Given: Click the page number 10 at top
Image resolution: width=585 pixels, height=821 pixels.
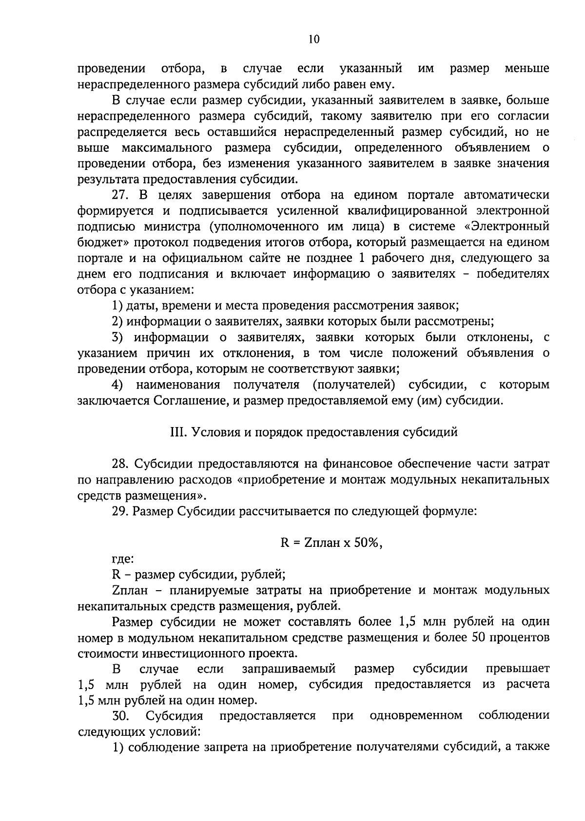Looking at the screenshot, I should tap(313, 40).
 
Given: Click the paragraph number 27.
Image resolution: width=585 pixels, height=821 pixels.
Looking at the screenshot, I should tap(121, 195).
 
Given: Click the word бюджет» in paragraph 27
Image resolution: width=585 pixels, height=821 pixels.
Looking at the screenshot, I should tap(99, 243).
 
